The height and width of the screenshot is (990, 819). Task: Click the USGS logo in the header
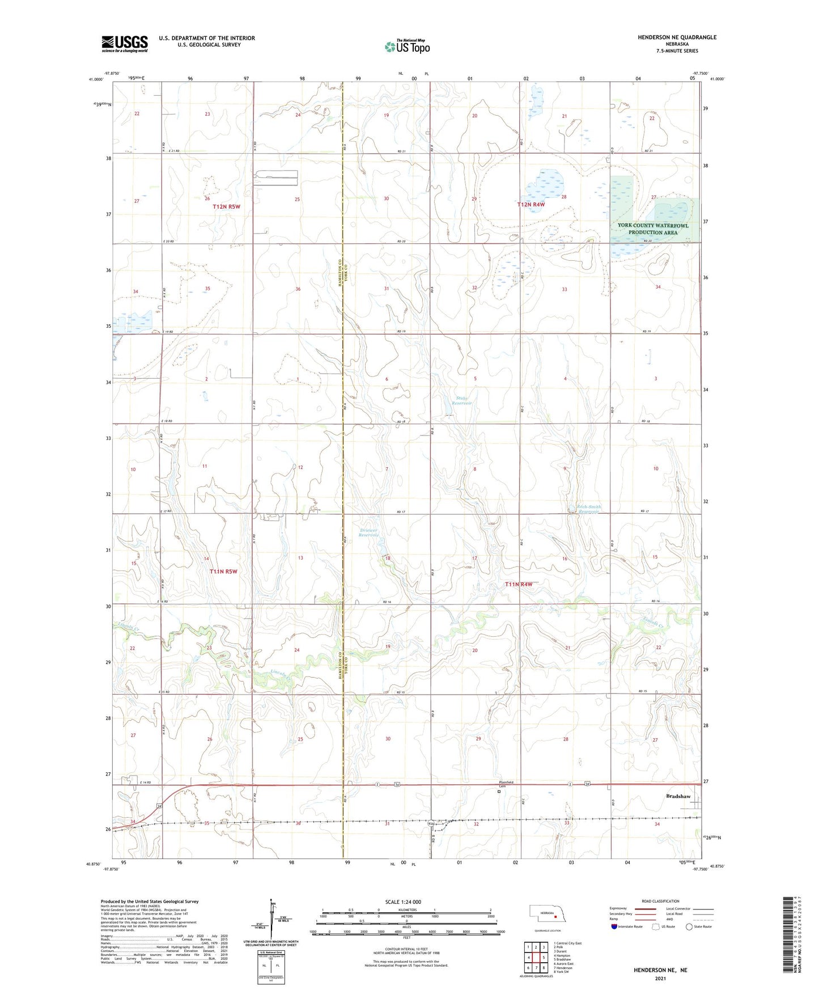(x=125, y=44)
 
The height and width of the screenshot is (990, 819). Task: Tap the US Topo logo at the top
(x=406, y=46)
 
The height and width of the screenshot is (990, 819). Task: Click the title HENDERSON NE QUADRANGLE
(x=677, y=37)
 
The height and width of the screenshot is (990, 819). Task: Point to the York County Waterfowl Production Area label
(x=653, y=229)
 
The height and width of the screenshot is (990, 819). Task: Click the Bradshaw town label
(x=678, y=796)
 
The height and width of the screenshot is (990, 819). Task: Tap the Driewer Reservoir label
(x=368, y=532)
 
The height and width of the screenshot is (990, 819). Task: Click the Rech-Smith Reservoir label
(x=588, y=509)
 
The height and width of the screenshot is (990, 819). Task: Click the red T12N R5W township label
(x=227, y=206)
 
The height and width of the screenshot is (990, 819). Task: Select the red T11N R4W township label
(x=519, y=584)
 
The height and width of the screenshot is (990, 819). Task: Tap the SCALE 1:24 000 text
(x=403, y=902)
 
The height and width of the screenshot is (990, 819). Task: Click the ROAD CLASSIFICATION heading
(x=660, y=901)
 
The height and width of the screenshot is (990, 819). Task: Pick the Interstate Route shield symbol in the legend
(x=614, y=926)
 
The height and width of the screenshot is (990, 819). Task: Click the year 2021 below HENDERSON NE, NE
(x=660, y=979)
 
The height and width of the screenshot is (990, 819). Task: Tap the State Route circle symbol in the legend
(x=689, y=926)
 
